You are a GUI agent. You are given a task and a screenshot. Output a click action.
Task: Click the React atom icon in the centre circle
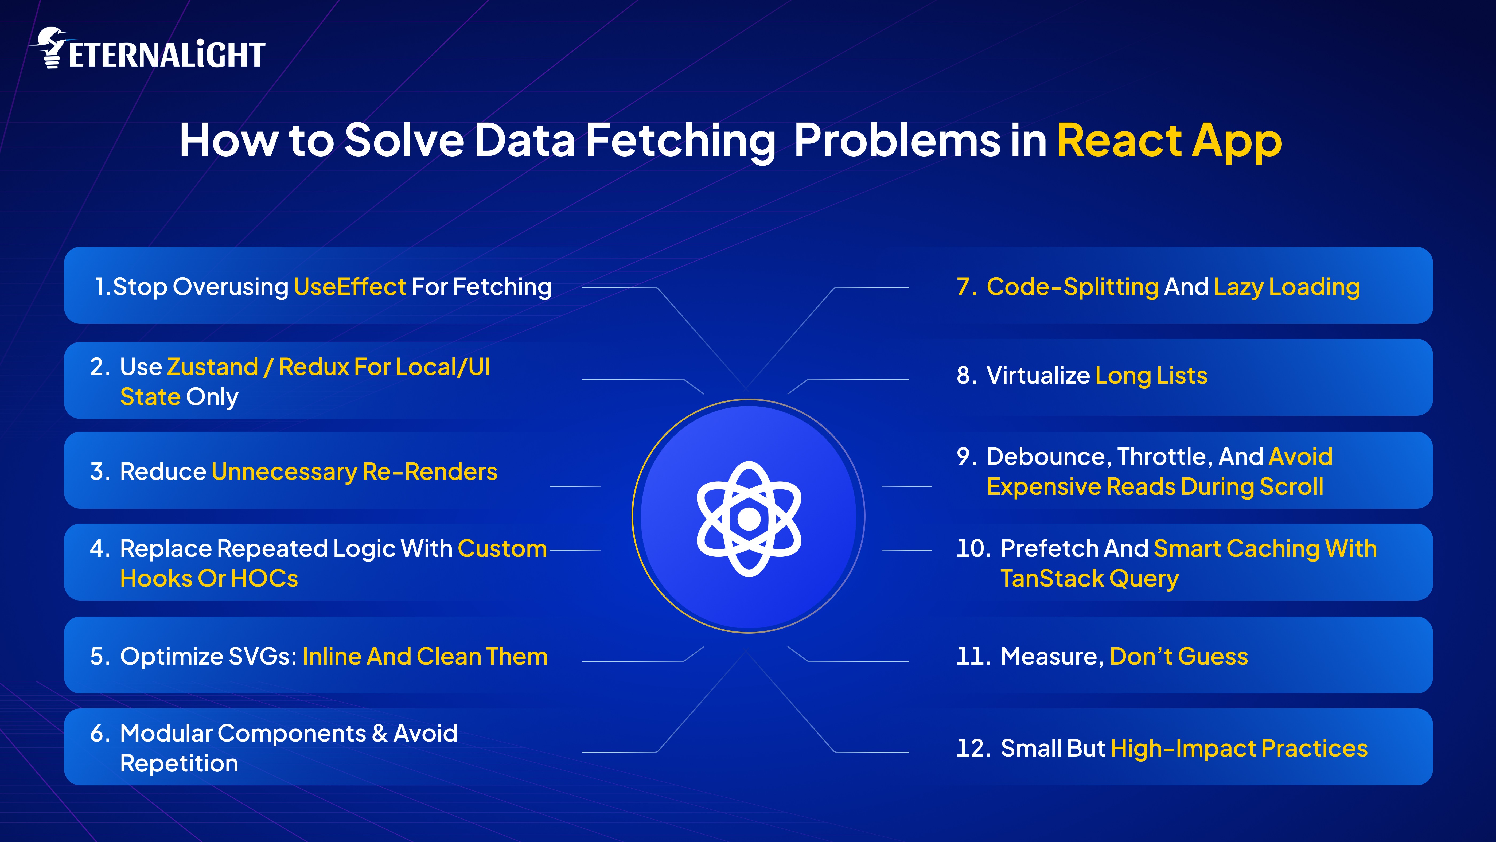pyautogui.click(x=749, y=519)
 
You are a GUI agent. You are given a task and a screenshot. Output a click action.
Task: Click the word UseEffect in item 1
pyautogui.click(x=350, y=287)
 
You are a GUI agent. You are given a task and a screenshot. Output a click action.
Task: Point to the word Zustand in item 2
pyautogui.click(x=212, y=367)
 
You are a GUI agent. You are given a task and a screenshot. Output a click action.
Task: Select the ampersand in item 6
pyautogui.click(x=379, y=734)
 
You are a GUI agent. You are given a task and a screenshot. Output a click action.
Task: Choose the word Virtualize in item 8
pyautogui.click(x=1038, y=376)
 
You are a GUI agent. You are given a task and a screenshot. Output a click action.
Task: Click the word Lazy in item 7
pyautogui.click(x=1239, y=287)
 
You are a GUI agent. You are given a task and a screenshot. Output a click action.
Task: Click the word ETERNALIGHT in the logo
pyautogui.click(x=167, y=55)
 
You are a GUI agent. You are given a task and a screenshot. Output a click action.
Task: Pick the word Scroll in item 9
pyautogui.click(x=1292, y=487)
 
